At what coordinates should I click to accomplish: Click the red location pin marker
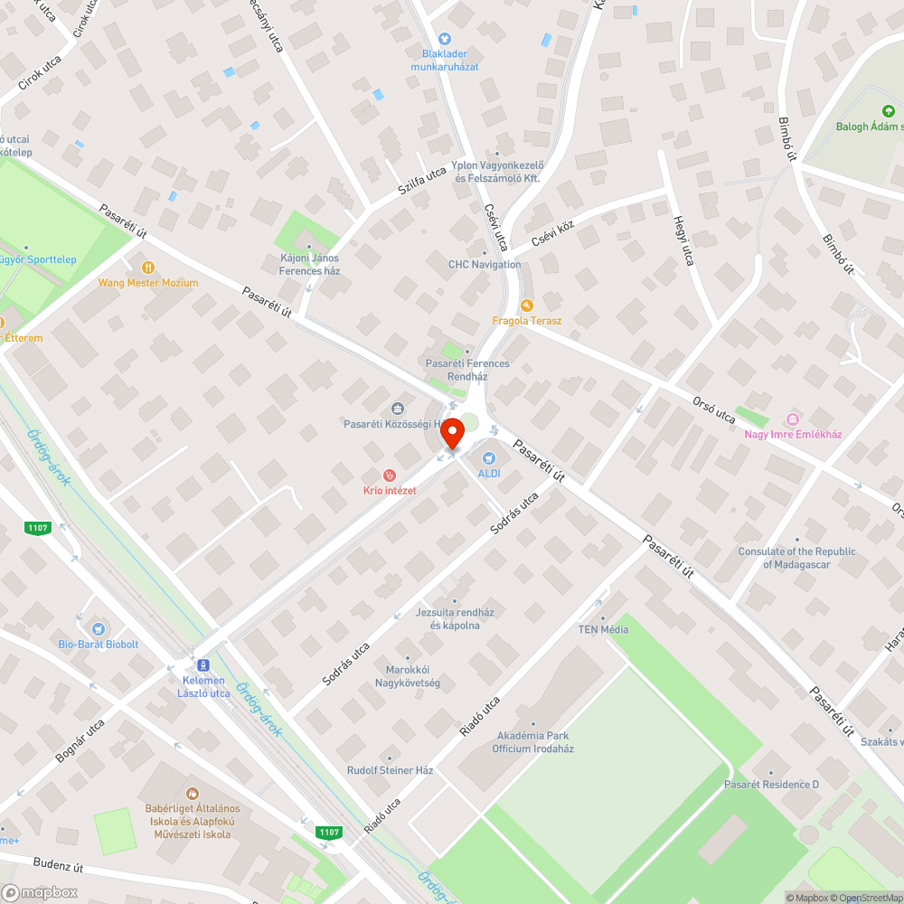click(452, 435)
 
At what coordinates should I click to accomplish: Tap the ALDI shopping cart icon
click(489, 458)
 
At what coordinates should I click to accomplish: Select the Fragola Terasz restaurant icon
click(527, 306)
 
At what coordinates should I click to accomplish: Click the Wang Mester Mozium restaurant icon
click(148, 268)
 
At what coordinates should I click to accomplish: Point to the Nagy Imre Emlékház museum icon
click(793, 419)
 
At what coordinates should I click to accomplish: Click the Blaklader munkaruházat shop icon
click(444, 39)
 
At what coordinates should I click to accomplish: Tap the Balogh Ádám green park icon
click(888, 111)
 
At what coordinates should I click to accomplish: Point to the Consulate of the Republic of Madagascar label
click(796, 558)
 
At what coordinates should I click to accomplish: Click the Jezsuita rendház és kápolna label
click(455, 618)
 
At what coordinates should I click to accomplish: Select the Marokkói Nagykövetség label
click(407, 676)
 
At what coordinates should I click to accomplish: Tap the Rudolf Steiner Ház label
click(391, 770)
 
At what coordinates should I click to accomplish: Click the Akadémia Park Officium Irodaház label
click(532, 742)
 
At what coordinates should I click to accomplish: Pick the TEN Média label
click(603, 629)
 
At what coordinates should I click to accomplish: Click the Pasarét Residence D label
click(771, 784)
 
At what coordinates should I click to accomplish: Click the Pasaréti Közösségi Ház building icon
click(397, 409)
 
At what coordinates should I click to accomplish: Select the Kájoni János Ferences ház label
click(309, 264)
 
